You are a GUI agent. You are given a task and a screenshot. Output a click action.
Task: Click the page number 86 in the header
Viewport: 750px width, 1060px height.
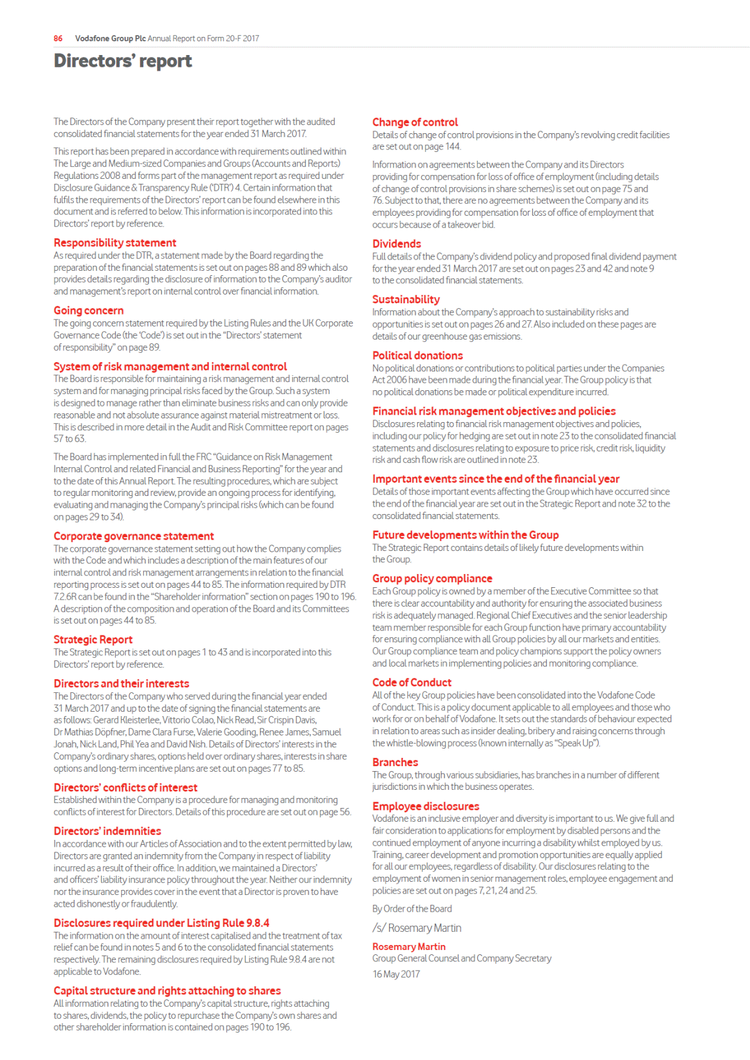[x=58, y=39]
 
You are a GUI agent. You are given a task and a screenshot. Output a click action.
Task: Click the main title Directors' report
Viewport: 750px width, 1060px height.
[x=123, y=61]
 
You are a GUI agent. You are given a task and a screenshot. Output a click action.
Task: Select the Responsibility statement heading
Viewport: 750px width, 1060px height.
[x=114, y=243]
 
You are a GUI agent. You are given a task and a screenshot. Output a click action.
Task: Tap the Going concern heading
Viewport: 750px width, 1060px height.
[x=88, y=311]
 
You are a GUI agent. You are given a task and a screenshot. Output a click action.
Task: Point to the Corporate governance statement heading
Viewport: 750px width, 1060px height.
[x=133, y=537]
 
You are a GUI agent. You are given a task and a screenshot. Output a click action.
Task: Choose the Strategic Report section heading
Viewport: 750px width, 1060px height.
[x=93, y=640]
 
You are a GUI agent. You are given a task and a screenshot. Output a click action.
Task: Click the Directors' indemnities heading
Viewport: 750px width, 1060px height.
[x=107, y=831]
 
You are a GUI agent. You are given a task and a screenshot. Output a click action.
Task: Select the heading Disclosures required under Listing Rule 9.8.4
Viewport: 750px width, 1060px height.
[x=161, y=923]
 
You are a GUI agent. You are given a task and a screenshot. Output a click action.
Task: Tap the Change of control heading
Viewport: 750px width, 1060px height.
[x=415, y=123]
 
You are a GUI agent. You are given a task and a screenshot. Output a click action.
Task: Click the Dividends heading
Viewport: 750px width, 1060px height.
[x=397, y=244]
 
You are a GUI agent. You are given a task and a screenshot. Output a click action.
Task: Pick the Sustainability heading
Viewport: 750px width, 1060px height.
[x=406, y=300]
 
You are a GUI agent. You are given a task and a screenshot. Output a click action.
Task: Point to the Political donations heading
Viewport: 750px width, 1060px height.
[x=417, y=356]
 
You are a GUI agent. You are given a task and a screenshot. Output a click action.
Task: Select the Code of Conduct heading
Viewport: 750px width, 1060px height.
[x=412, y=683]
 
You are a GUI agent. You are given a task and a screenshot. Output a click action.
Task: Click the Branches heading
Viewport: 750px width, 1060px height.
[x=395, y=762]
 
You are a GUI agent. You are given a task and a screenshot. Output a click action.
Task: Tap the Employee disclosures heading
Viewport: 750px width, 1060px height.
[x=425, y=807]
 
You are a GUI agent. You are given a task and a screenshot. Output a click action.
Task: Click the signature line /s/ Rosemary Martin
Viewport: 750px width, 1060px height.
[x=417, y=928]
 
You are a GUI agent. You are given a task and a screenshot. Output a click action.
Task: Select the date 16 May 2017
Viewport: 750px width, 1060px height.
[x=396, y=974]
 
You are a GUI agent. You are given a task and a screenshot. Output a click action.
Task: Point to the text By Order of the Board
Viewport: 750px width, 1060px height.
[x=412, y=909]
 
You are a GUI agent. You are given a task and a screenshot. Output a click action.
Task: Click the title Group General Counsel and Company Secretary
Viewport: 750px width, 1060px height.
[x=462, y=959]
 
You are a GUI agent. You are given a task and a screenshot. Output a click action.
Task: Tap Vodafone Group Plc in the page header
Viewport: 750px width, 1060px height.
[x=110, y=39]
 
